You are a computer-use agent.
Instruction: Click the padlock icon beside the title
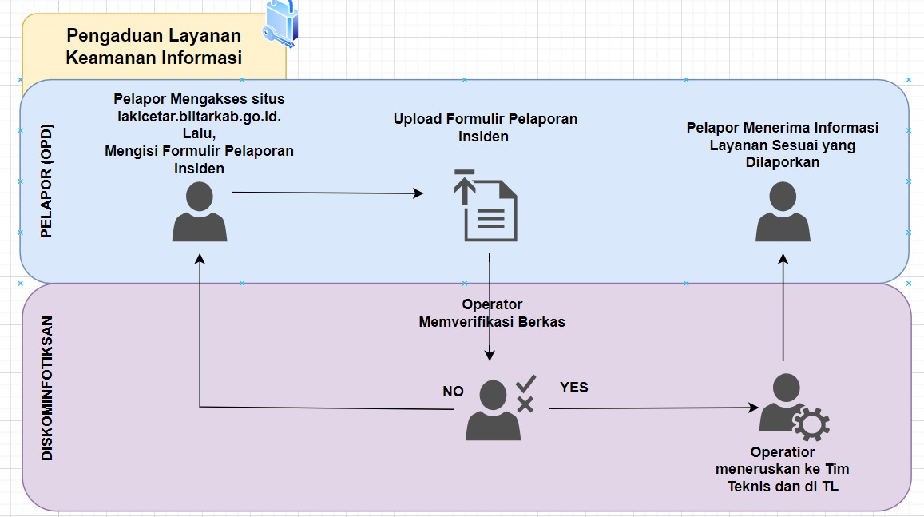click(280, 23)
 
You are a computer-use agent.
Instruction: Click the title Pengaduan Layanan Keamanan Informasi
click(154, 46)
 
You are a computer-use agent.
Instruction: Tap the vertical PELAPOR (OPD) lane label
click(46, 181)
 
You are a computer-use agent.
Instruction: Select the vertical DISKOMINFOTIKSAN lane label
click(46, 388)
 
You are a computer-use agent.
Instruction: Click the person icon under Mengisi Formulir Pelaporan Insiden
click(199, 211)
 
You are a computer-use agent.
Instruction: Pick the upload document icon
click(486, 205)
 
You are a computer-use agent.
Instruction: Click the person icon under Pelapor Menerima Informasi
click(783, 211)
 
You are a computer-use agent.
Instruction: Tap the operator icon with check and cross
click(500, 408)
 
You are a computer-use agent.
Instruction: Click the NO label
click(453, 392)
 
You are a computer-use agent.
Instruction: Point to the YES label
click(574, 388)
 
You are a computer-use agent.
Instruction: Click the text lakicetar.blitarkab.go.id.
click(199, 117)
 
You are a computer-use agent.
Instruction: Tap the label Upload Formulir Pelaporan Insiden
click(485, 128)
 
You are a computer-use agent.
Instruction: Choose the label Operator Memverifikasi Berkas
click(492, 313)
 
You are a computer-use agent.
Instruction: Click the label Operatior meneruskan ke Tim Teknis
click(783, 469)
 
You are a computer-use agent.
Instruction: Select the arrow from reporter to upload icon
click(327, 193)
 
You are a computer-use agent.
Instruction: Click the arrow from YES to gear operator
click(654, 408)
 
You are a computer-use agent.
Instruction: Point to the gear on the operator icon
click(811, 424)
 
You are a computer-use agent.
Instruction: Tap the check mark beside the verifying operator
click(525, 384)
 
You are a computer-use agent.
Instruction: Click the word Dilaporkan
click(783, 162)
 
